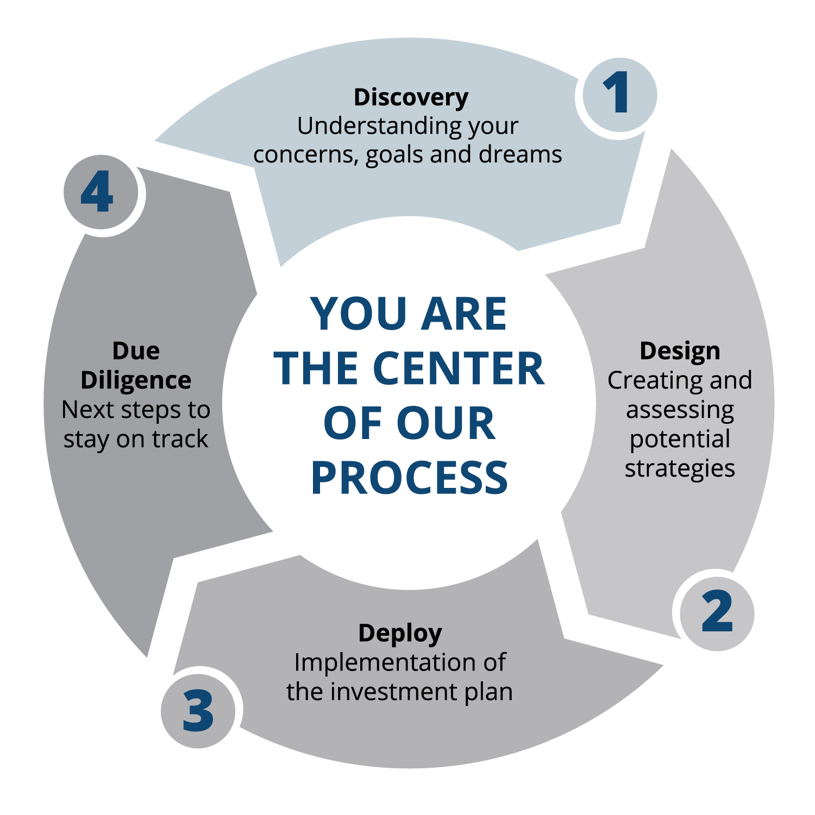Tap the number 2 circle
(x=717, y=612)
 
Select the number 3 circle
(x=198, y=710)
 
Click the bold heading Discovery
(x=411, y=98)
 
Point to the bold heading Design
(x=680, y=351)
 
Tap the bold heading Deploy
(x=400, y=634)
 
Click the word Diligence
(x=136, y=380)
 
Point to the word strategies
(x=680, y=468)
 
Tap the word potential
(x=680, y=439)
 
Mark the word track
(x=180, y=439)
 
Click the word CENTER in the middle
(x=459, y=368)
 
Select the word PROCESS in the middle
(x=409, y=478)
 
